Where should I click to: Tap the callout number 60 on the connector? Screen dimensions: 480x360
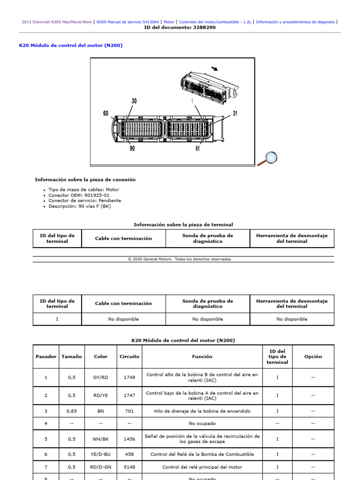(x=106, y=113)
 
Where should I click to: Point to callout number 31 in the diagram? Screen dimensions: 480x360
(x=235, y=113)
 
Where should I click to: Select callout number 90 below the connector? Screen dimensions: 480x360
(x=133, y=149)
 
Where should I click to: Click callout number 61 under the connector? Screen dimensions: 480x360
(x=198, y=149)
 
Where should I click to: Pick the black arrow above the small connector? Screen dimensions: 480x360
(x=215, y=69)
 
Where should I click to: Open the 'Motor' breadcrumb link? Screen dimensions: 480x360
(x=169, y=22)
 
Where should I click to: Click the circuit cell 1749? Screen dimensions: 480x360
(x=129, y=377)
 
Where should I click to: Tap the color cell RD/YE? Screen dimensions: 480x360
(x=101, y=395)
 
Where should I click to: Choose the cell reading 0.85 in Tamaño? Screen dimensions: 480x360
(x=71, y=411)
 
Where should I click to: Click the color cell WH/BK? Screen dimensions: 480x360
(x=101, y=439)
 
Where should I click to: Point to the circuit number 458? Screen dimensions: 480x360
(x=129, y=454)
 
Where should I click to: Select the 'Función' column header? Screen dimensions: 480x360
(x=202, y=356)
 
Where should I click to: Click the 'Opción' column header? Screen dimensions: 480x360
(x=313, y=356)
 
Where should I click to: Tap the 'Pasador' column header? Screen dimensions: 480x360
(x=46, y=356)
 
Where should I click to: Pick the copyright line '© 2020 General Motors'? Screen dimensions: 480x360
(x=180, y=259)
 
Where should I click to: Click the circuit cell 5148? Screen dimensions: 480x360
(x=129, y=467)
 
